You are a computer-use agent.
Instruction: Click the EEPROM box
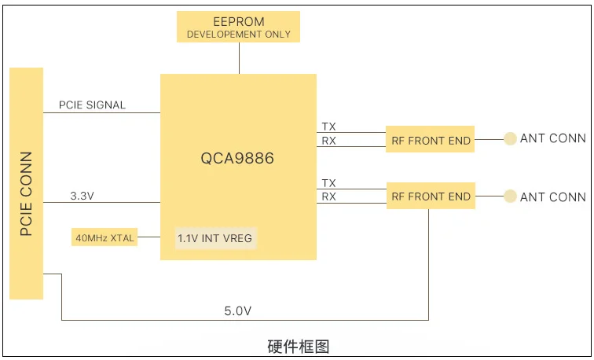[238, 27]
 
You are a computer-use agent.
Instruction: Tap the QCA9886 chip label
[237, 158]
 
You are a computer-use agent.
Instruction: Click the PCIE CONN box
[27, 183]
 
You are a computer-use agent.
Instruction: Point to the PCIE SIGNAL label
[92, 105]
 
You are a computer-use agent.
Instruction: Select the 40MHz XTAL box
[104, 237]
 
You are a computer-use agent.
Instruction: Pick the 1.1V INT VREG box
[215, 237]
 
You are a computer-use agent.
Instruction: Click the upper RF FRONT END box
[431, 141]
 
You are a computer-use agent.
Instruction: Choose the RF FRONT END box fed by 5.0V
[431, 197]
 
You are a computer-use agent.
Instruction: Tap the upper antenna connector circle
[510, 138]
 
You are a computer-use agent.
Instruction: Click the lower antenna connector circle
[510, 196]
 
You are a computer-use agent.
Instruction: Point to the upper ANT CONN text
[552, 138]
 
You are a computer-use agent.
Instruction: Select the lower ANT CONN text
[552, 197]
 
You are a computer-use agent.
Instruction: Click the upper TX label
[328, 127]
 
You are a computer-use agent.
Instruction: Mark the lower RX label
[328, 197]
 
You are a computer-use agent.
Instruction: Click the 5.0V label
[237, 311]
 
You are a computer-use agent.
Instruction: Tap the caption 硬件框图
[298, 346]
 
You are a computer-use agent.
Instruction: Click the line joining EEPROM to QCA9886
[238, 58]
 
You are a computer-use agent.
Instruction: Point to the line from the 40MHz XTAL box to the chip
[149, 237]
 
